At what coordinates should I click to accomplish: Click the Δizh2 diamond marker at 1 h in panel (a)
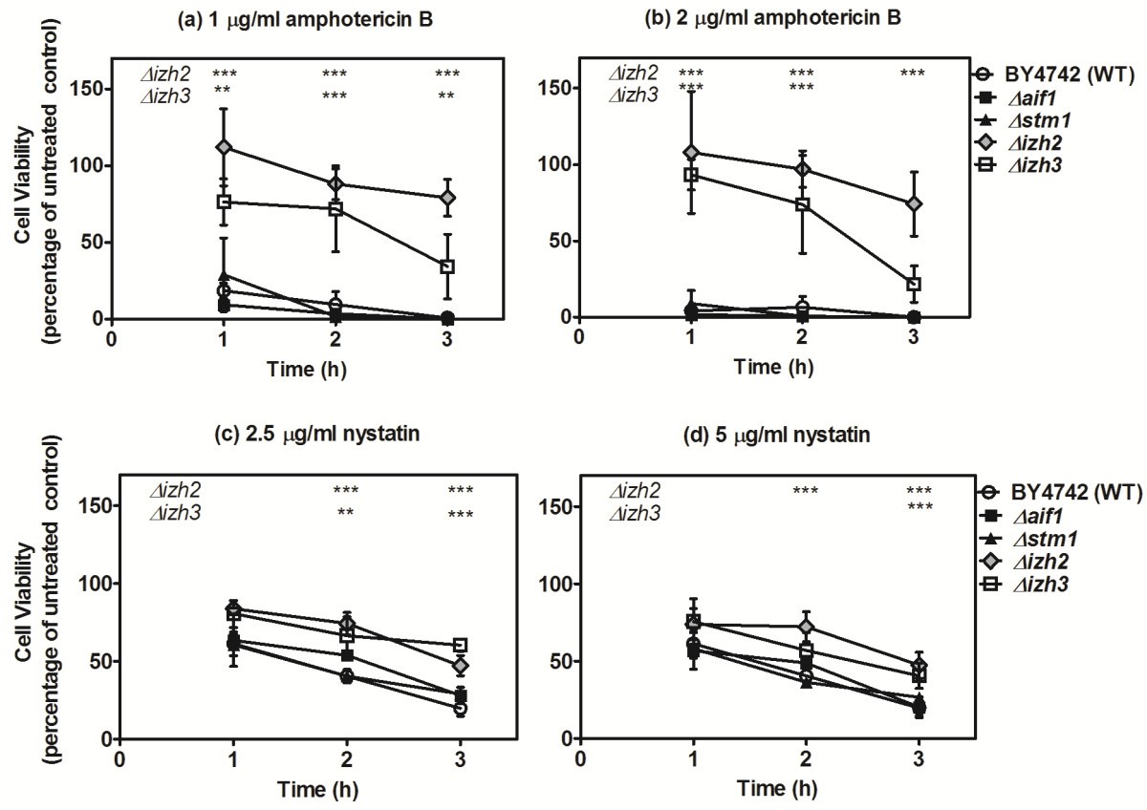[x=224, y=147]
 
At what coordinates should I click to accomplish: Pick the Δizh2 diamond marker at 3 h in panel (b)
[x=914, y=203]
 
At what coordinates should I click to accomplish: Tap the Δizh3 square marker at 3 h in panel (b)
[x=914, y=284]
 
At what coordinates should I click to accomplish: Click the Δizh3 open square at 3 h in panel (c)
[x=460, y=646]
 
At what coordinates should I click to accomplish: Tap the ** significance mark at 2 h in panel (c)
[x=346, y=512]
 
